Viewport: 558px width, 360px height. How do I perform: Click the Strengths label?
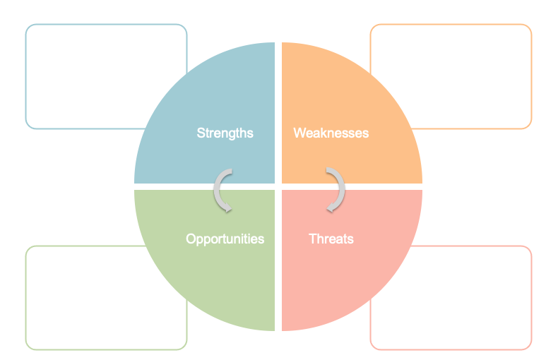click(225, 133)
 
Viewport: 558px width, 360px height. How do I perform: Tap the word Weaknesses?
click(331, 133)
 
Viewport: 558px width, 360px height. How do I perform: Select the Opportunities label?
click(225, 239)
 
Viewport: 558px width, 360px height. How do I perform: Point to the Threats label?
click(331, 239)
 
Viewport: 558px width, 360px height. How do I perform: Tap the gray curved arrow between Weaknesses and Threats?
click(337, 189)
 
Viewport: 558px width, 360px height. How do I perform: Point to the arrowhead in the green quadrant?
click(225, 208)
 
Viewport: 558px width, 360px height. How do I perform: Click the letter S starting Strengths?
click(201, 133)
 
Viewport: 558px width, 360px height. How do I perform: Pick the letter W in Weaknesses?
click(299, 133)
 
